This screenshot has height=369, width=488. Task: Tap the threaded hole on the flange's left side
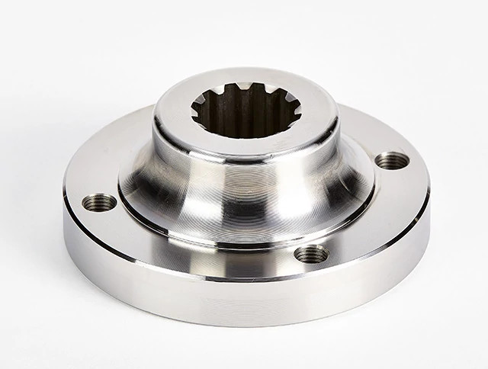tap(101, 203)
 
